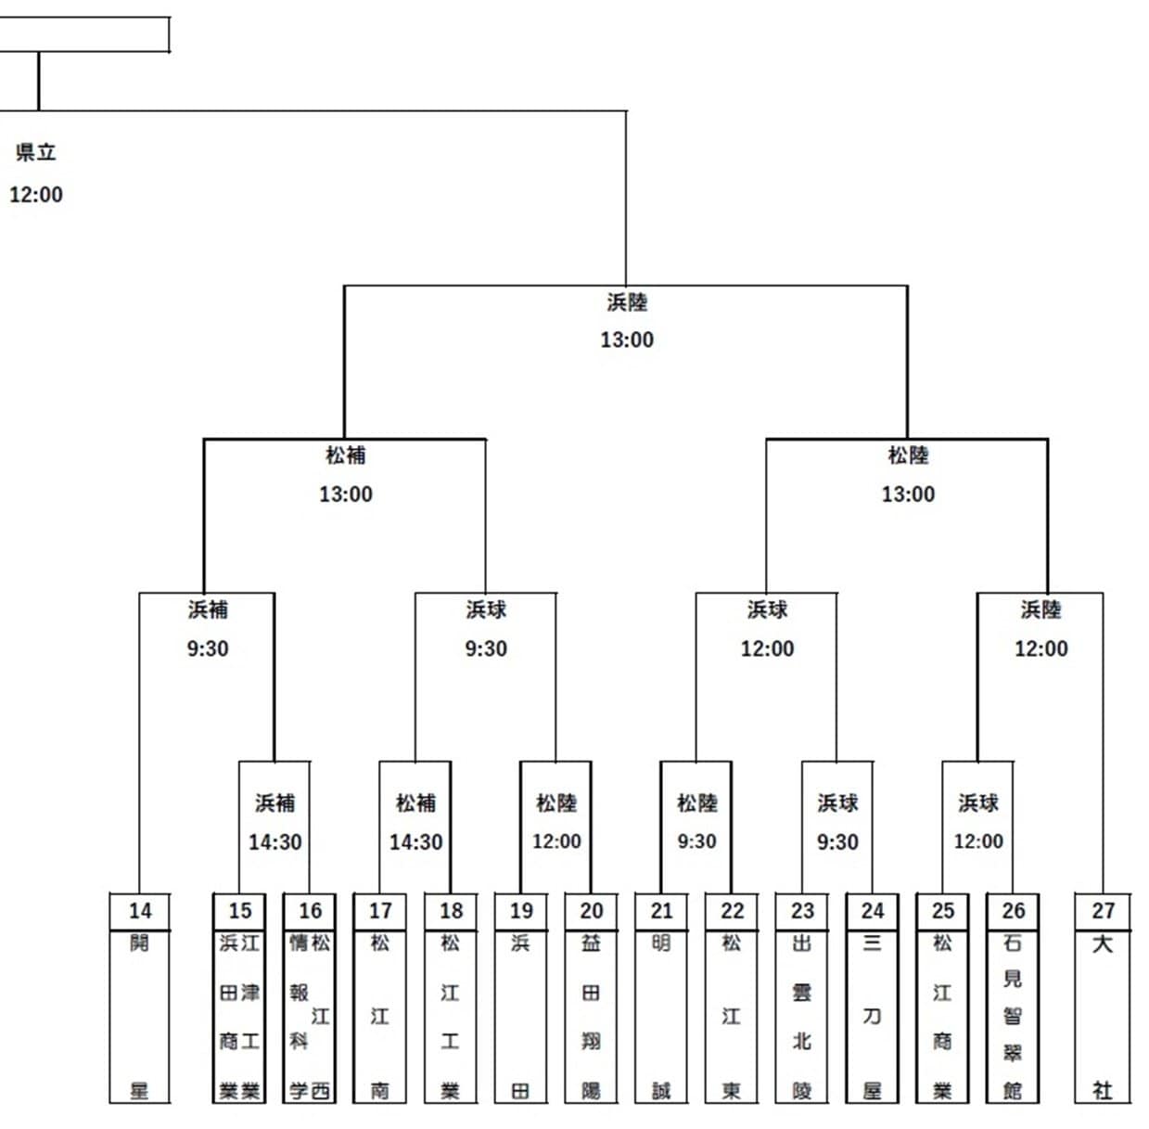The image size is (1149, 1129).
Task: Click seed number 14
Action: (140, 911)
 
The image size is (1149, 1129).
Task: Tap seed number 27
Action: (1103, 911)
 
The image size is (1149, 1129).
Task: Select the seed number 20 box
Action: (592, 911)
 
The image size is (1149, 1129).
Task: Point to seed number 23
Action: (802, 911)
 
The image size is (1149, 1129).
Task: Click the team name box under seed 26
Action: (1013, 1017)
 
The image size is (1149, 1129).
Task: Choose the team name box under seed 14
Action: (140, 1017)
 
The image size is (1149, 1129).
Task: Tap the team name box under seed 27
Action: (1103, 1017)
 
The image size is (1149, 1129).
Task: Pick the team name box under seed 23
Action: (802, 1017)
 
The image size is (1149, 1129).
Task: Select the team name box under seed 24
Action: (873, 1017)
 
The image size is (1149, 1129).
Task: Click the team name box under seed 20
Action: (592, 1017)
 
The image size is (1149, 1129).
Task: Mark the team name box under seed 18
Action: (451, 1017)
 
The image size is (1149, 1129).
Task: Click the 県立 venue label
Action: (36, 152)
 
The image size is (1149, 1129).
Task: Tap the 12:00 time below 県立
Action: (36, 195)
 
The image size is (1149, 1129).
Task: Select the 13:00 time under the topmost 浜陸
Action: (627, 340)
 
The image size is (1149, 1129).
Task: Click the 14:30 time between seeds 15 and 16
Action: (275, 842)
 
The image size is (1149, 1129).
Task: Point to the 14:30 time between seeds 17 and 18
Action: (415, 842)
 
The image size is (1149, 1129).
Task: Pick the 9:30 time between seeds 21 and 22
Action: (696, 841)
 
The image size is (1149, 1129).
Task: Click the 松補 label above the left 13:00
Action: (346, 455)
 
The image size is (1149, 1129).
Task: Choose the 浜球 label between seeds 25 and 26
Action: (978, 803)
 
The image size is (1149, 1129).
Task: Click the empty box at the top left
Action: (83, 35)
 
